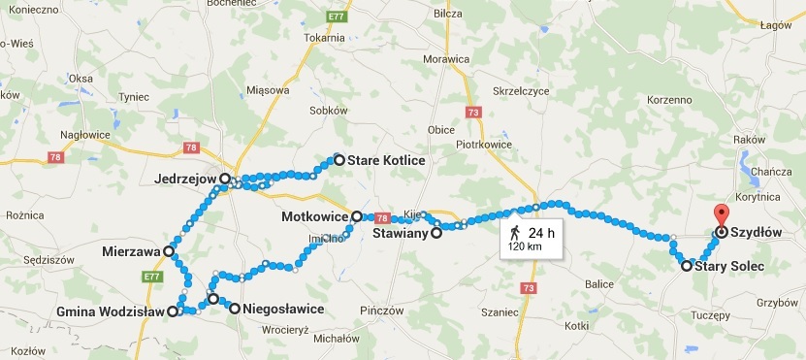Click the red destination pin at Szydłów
pos(720,215)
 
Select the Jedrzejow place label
pos(185,180)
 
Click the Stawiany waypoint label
pos(402,233)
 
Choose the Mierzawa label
pos(131,251)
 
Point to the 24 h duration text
pos(540,232)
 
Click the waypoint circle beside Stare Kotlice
pos(339,159)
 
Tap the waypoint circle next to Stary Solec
pos(687,266)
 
